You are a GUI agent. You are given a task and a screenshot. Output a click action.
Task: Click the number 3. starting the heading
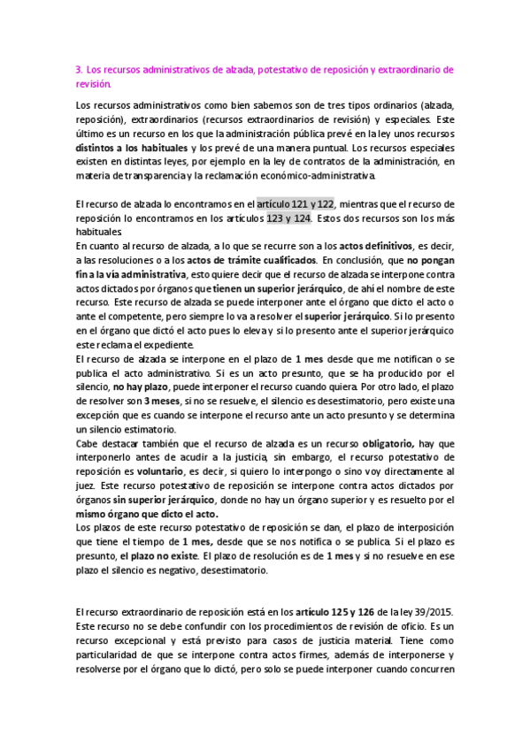click(x=79, y=69)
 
